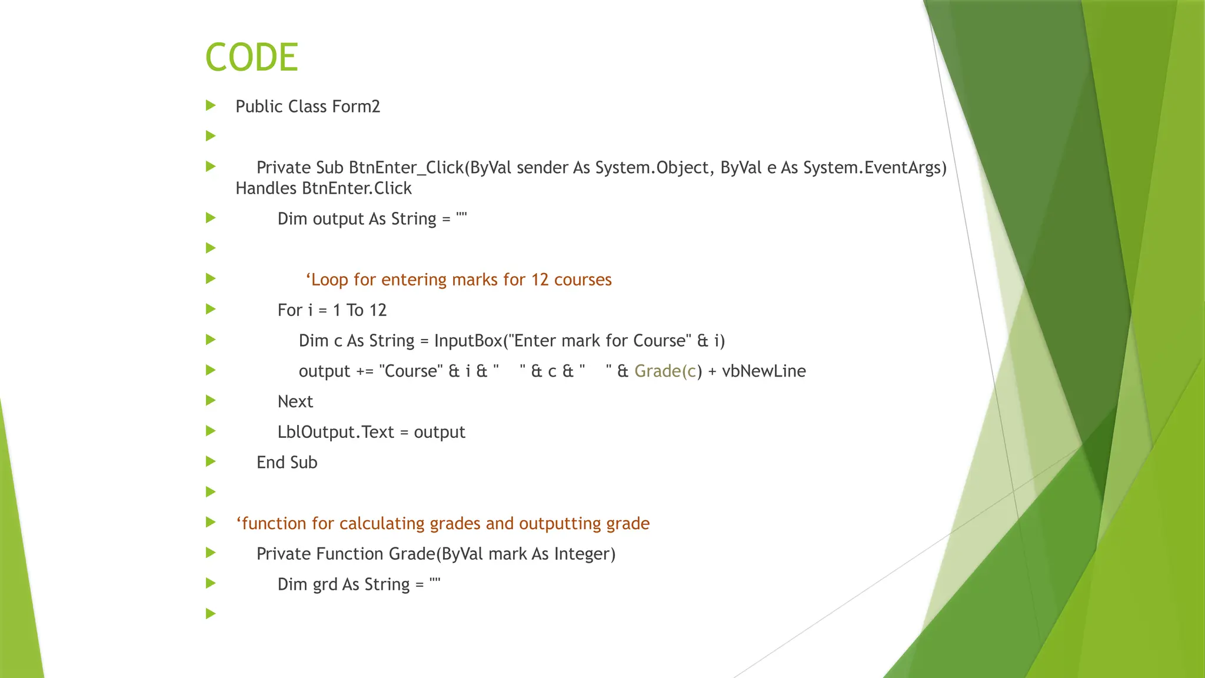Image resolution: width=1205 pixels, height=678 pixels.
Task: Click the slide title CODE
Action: [252, 58]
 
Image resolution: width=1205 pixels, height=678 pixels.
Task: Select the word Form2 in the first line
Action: [356, 107]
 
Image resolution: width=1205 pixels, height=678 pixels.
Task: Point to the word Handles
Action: [266, 188]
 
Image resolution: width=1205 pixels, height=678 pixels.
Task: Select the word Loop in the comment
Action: [329, 280]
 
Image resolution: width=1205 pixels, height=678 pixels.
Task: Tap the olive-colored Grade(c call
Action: [665, 371]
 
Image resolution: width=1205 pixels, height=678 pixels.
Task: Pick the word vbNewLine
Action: [764, 371]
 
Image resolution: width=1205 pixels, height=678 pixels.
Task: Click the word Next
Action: [295, 402]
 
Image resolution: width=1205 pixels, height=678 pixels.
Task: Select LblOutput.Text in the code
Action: [335, 433]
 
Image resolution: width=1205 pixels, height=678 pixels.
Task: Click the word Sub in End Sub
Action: [304, 463]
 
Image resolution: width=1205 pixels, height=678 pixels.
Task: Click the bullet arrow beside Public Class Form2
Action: [211, 106]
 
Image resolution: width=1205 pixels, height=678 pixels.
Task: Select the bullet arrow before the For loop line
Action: [211, 310]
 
